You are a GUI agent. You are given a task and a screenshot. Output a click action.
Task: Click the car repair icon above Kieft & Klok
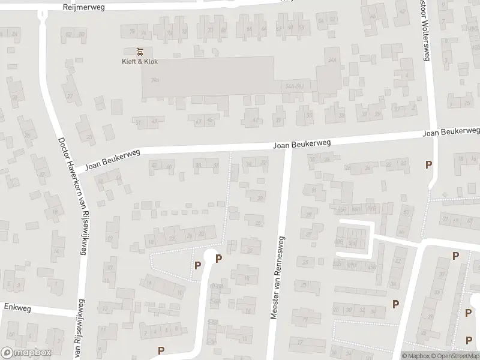click(x=140, y=50)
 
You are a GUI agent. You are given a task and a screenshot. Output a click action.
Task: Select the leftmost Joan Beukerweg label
click(x=113, y=160)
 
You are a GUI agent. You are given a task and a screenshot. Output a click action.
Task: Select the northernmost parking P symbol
click(x=428, y=164)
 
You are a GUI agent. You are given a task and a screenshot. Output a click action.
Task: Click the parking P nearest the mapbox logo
click(x=161, y=350)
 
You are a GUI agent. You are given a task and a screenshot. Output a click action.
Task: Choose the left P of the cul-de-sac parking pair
click(x=197, y=265)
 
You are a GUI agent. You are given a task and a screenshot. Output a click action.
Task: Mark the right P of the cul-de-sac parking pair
click(x=218, y=259)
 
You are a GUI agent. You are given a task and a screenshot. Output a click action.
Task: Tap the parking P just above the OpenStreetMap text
click(x=469, y=340)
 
